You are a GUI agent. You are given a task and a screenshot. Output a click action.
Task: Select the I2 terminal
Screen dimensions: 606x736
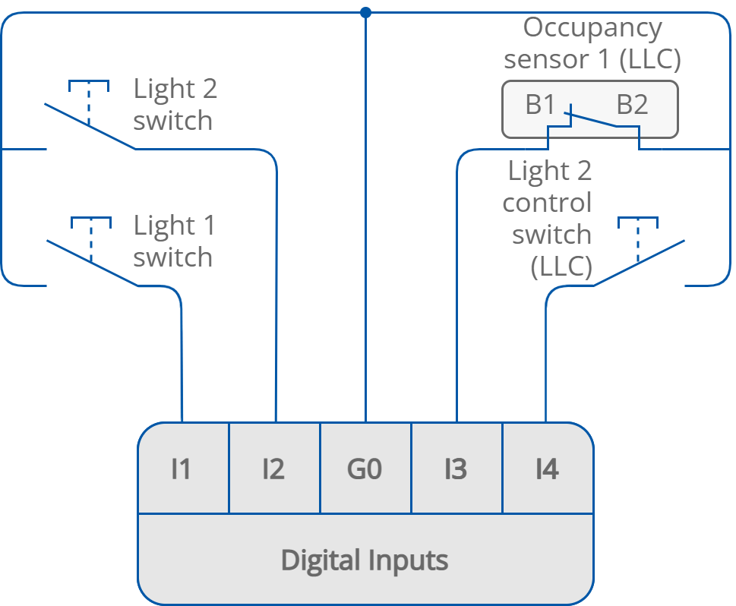[273, 469]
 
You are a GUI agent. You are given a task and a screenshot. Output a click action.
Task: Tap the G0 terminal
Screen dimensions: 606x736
[365, 469]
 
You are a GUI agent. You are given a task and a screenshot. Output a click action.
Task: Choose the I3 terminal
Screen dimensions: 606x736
[456, 469]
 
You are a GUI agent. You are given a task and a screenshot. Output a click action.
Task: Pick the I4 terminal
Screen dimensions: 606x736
[547, 469]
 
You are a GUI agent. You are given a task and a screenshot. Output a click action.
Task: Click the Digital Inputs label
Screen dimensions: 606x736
[365, 560]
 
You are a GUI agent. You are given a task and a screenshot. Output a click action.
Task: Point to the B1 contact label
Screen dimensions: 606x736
[540, 105]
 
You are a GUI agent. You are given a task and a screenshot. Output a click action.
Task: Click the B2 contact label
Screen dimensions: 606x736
[632, 105]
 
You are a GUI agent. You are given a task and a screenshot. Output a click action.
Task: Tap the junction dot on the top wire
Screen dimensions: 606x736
[365, 12]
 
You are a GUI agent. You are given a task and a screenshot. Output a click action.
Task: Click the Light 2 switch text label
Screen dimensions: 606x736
[175, 105]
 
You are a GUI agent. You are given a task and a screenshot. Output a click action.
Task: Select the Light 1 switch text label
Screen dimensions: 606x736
[174, 241]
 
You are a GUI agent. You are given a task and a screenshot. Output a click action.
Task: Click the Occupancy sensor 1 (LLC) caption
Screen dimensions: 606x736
[592, 43]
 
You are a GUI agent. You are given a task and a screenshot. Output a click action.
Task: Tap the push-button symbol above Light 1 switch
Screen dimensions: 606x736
[91, 229]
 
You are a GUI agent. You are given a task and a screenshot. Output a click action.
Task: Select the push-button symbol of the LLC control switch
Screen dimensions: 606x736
[638, 229]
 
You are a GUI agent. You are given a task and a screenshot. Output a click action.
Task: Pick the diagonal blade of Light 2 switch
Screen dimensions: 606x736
[89, 125]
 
